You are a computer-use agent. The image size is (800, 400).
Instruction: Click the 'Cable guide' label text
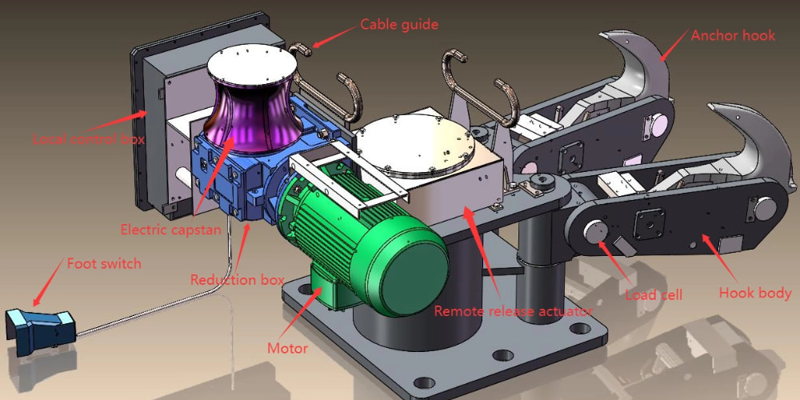tap(399, 24)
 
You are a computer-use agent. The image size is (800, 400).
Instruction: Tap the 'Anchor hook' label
tap(733, 35)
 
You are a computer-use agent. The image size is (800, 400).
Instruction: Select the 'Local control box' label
tap(88, 138)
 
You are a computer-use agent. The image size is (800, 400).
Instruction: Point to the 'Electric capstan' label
tap(171, 230)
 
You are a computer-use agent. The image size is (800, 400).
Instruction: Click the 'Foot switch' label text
tap(104, 264)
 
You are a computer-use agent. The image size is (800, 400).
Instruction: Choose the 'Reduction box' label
tap(238, 279)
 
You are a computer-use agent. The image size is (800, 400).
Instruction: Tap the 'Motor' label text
tap(288, 349)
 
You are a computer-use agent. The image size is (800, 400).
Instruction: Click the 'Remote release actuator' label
tap(514, 310)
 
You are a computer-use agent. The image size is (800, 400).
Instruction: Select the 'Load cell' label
tap(654, 294)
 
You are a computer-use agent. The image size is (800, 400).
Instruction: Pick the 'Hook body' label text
tap(755, 293)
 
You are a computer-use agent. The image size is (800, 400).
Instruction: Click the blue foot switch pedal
tap(40, 330)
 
